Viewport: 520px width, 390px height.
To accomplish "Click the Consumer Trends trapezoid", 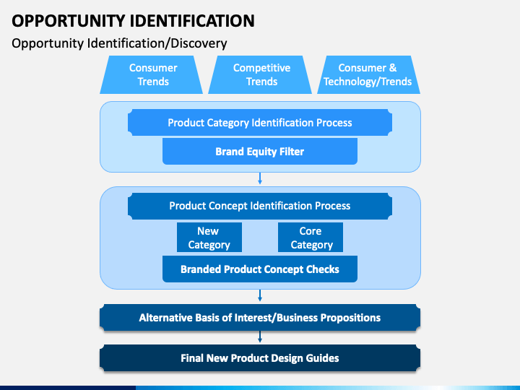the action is [x=151, y=74].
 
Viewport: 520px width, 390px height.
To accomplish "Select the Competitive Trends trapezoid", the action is [x=260, y=74].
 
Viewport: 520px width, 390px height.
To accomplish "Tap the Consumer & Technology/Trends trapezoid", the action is [x=368, y=74].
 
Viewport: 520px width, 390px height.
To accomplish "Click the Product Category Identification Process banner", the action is [x=260, y=122].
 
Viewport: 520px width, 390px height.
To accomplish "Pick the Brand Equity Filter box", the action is [x=260, y=151].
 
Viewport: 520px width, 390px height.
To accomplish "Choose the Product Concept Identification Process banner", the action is [x=260, y=206].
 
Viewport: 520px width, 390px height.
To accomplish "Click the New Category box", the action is [x=209, y=238].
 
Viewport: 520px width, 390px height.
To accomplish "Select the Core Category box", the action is [x=311, y=238].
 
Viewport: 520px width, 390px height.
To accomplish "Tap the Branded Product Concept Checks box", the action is [x=260, y=269].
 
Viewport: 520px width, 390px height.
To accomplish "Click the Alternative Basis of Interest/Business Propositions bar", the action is [x=260, y=317].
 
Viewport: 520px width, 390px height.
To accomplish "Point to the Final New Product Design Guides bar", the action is [x=260, y=357].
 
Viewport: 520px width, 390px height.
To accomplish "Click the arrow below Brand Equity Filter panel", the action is [x=260, y=178].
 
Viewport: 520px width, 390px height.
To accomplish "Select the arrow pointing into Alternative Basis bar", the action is [x=260, y=295].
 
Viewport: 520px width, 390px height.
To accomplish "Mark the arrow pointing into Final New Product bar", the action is [x=260, y=337].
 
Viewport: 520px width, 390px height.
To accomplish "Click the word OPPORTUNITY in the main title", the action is [x=68, y=21].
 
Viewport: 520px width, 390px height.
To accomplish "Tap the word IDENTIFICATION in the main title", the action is [x=192, y=21].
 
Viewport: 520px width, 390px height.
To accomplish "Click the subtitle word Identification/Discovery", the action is [x=157, y=43].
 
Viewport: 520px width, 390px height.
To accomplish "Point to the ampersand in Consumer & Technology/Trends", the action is [x=393, y=68].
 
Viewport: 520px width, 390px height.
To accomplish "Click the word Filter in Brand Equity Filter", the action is [x=292, y=152].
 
